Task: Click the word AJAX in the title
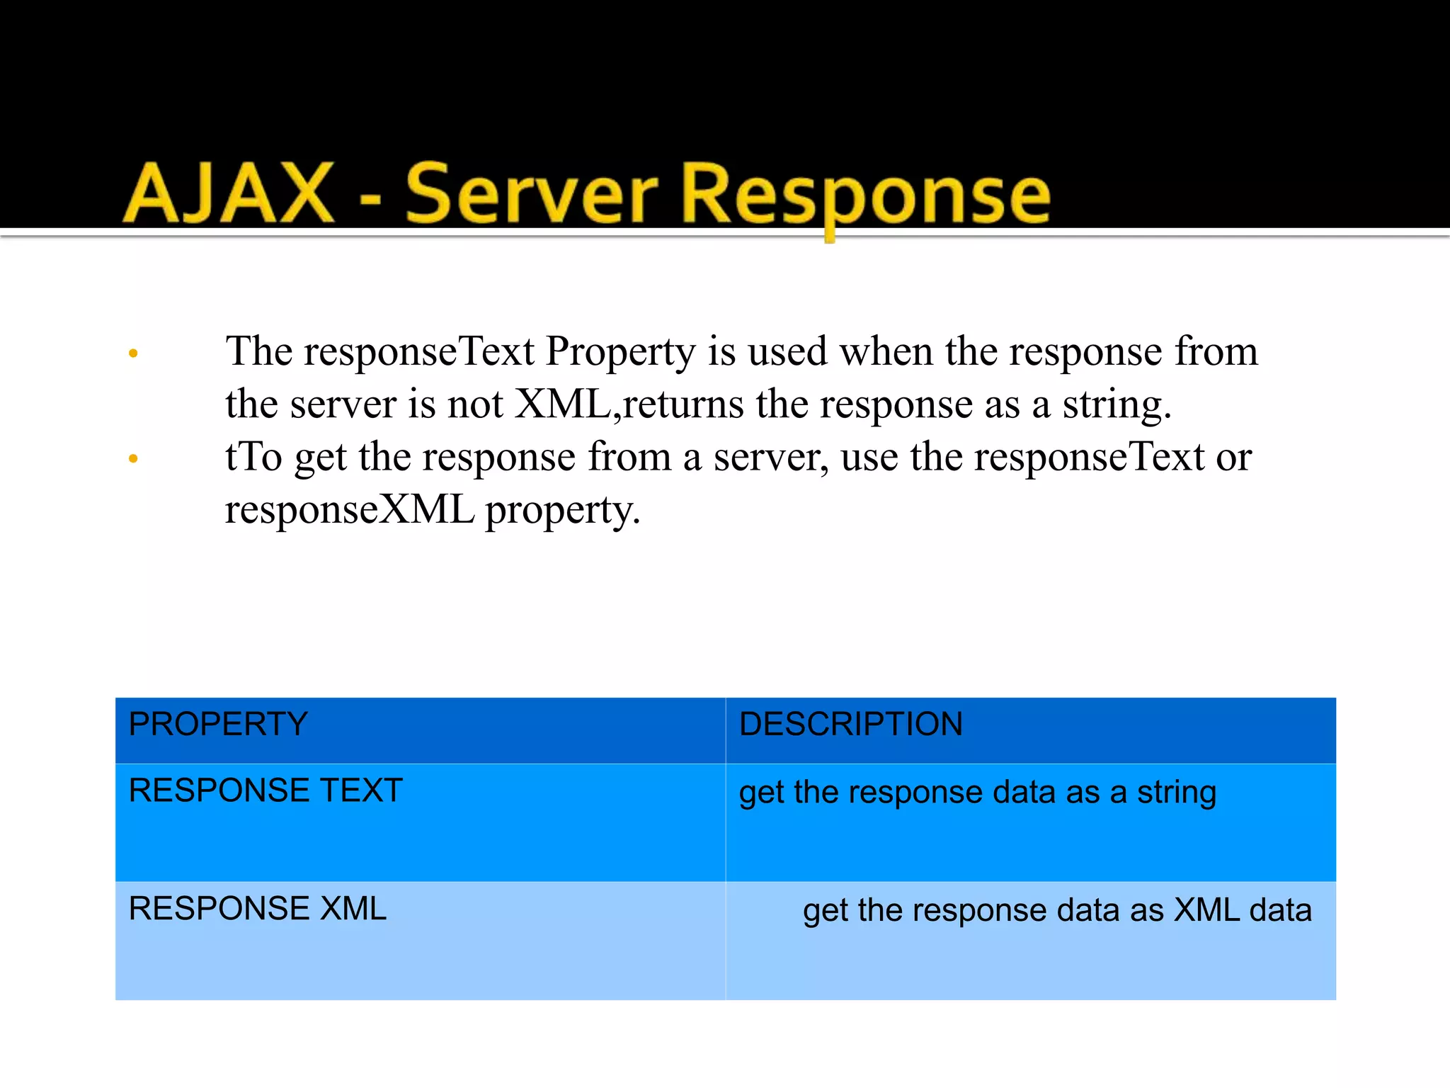tap(228, 193)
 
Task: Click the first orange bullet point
tap(133, 353)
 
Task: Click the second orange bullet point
tap(133, 459)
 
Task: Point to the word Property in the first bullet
tap(620, 352)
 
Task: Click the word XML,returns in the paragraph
tap(629, 404)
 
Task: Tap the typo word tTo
tap(253, 457)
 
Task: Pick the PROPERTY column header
tap(218, 724)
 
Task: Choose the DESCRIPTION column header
tap(850, 724)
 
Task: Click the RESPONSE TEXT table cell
tap(266, 790)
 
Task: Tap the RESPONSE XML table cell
tap(258, 909)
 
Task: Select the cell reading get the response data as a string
tap(977, 793)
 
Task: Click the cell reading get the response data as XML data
tap(1056, 910)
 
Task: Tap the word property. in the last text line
tap(562, 511)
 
